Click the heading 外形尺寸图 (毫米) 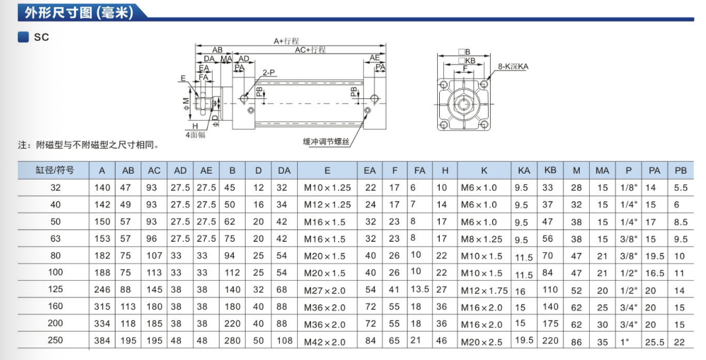69,13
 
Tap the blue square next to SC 23,38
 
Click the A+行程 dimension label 287,41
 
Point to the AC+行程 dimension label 310,50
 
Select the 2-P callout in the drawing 268,73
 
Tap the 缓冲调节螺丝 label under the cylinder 326,141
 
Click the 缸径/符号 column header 55,170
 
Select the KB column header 549,170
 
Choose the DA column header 283,170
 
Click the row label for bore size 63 55,239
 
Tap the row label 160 55,307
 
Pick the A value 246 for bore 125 102,290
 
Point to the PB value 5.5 680,188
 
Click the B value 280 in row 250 232,342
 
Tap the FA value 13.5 420,289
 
